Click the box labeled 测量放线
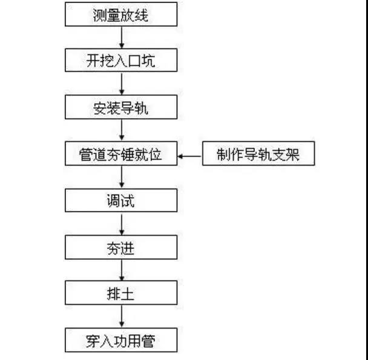[x=121, y=15]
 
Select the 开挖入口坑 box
[x=121, y=61]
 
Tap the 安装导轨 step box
[x=121, y=108]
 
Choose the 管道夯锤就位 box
[x=121, y=155]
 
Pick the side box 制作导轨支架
[x=258, y=155]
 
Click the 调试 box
[x=121, y=201]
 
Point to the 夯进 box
[x=121, y=247]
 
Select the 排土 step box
[x=121, y=294]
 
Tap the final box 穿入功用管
[x=121, y=341]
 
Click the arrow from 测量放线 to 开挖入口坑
[x=122, y=38]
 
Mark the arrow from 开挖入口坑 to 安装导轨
[x=122, y=84]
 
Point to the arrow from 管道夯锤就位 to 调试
[x=122, y=178]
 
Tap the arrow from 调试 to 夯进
[x=122, y=224]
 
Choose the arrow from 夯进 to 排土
[x=122, y=271]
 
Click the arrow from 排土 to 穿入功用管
[x=122, y=317]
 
